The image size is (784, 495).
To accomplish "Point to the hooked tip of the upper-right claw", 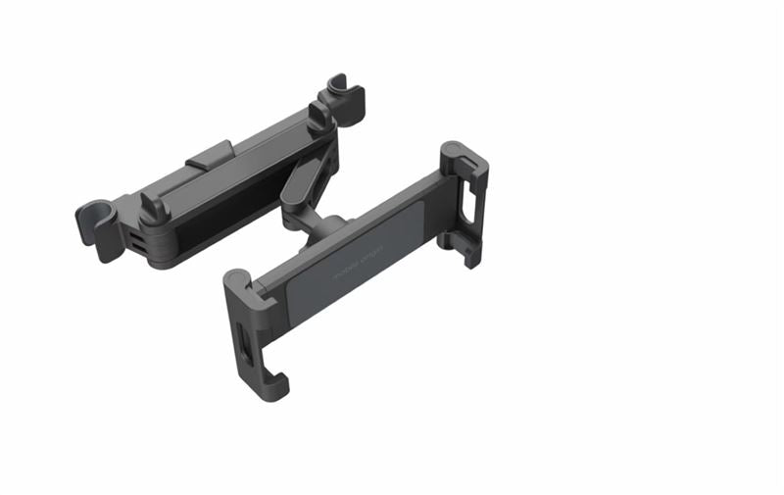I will [x=471, y=257].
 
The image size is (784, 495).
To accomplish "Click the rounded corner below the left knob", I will [x=162, y=257].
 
